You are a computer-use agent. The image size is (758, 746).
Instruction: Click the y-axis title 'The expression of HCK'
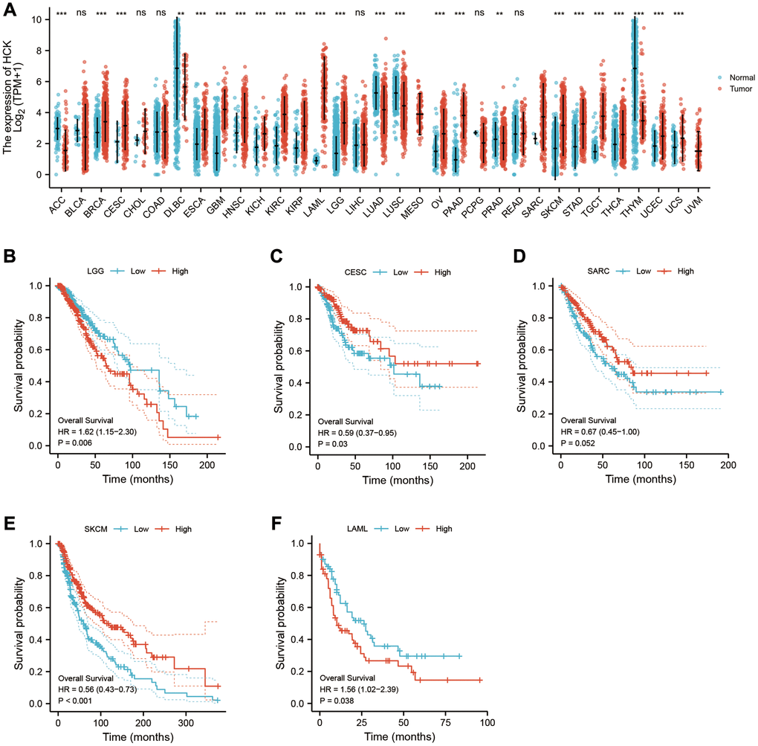pyautogui.click(x=8, y=77)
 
